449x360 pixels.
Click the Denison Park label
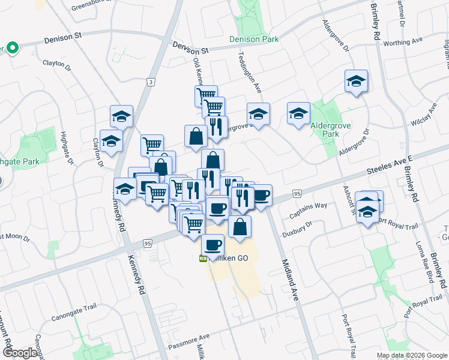click(x=254, y=40)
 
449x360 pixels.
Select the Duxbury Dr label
click(x=300, y=227)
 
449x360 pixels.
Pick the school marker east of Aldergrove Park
click(x=356, y=81)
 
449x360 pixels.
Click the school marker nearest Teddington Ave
click(x=258, y=114)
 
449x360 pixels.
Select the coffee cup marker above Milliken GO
click(x=212, y=245)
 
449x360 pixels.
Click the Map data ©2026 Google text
click(x=412, y=355)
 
